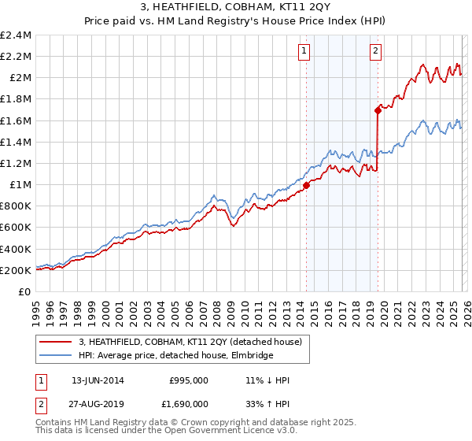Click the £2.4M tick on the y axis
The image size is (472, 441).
(x=16, y=35)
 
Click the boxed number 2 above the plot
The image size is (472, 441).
(x=375, y=52)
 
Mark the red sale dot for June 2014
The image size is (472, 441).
(x=306, y=186)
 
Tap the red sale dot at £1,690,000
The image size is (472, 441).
(x=378, y=111)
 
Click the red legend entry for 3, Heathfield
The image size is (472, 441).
(x=195, y=342)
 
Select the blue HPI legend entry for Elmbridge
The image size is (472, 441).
(x=175, y=356)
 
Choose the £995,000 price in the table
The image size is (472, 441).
(x=189, y=380)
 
